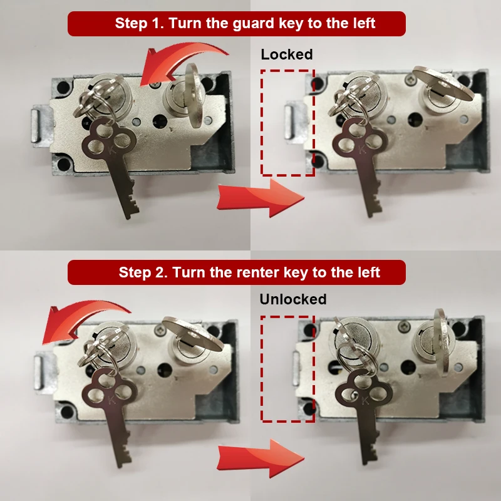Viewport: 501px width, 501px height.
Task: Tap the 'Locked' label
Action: coord(286,54)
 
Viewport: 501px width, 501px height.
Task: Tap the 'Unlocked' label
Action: coord(292,299)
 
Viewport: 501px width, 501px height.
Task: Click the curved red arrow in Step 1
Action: coord(182,59)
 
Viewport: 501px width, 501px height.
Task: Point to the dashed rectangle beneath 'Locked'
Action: coord(287,122)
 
